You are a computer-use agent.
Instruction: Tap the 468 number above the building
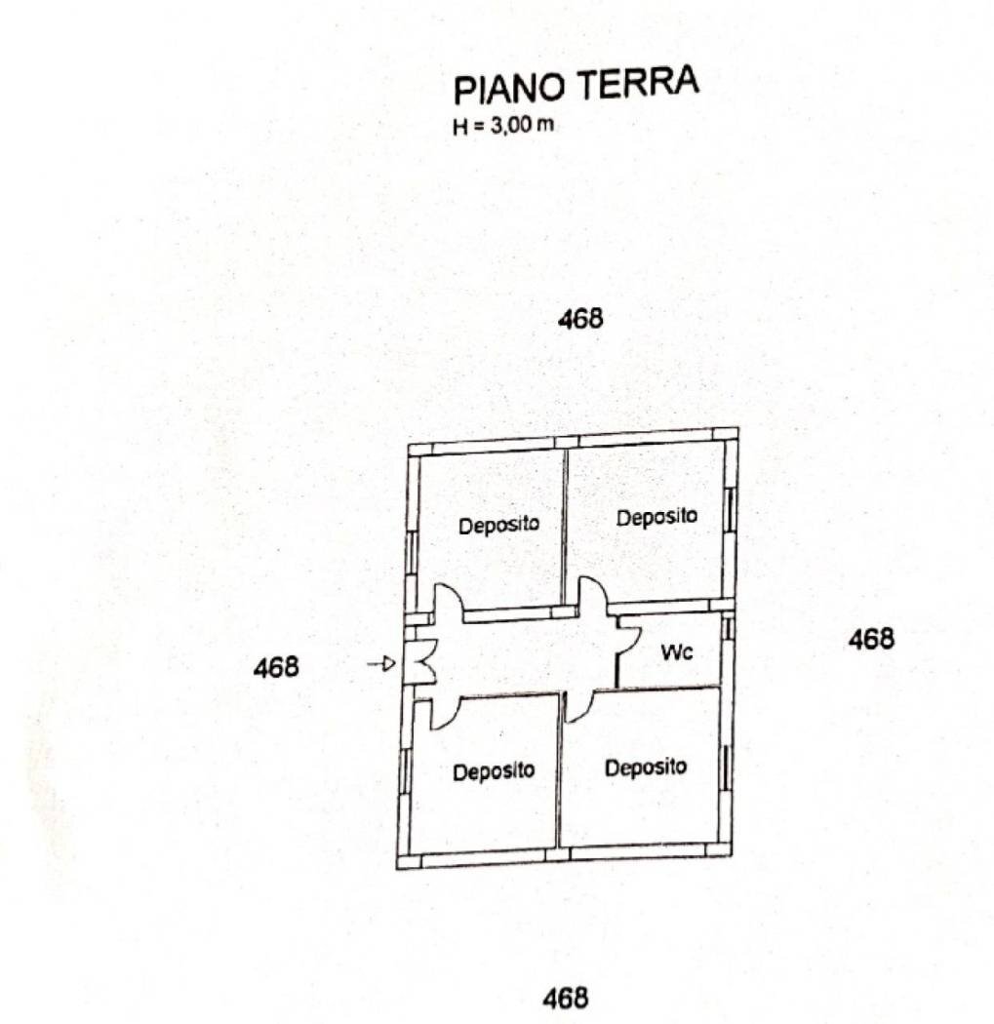click(x=580, y=319)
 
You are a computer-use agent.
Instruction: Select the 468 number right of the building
click(x=871, y=639)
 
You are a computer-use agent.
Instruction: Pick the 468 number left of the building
click(x=276, y=668)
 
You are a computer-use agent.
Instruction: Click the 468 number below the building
click(x=566, y=998)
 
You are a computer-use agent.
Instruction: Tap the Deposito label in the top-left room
click(x=498, y=525)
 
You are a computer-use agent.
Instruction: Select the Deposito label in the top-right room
click(x=656, y=517)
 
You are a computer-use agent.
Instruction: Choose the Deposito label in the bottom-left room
click(x=494, y=771)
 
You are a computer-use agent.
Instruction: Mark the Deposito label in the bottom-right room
click(x=645, y=767)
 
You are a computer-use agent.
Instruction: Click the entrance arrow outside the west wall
click(x=381, y=664)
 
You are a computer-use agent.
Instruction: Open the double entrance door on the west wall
click(x=420, y=662)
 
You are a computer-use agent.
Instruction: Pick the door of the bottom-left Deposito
click(x=444, y=712)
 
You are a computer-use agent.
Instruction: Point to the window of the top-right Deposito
click(x=728, y=512)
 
